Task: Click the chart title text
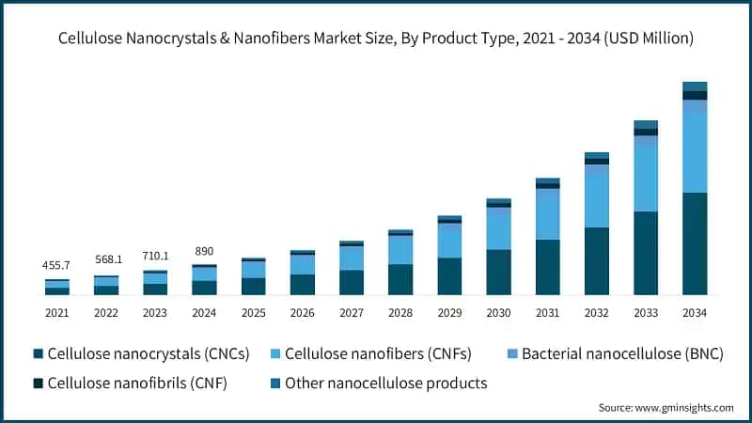pyautogui.click(x=376, y=39)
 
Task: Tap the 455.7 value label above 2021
pyautogui.click(x=57, y=266)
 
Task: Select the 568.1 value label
pyautogui.click(x=106, y=260)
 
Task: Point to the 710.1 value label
pyautogui.click(x=155, y=256)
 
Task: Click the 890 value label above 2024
pyautogui.click(x=204, y=251)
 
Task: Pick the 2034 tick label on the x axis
pyautogui.click(x=695, y=312)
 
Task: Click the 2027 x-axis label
pyautogui.click(x=352, y=312)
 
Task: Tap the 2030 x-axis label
pyautogui.click(x=498, y=312)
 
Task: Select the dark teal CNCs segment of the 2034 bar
pyautogui.click(x=695, y=243)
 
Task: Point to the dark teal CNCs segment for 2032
pyautogui.click(x=597, y=261)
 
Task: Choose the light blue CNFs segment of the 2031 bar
pyautogui.click(x=548, y=215)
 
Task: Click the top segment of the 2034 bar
pyautogui.click(x=695, y=86)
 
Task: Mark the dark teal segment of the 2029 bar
pyautogui.click(x=449, y=276)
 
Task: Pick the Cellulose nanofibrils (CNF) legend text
pyautogui.click(x=137, y=383)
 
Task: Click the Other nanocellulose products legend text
pyautogui.click(x=385, y=383)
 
